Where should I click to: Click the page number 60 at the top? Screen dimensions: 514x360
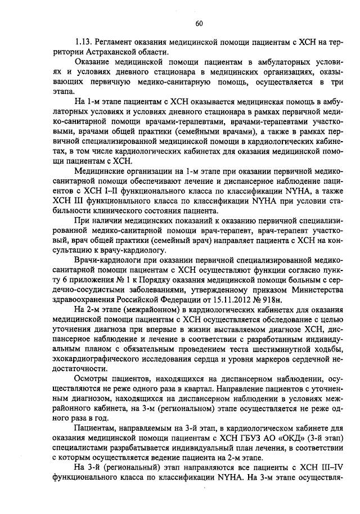point(199,23)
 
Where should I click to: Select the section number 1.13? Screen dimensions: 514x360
point(84,42)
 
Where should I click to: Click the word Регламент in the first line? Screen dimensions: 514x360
point(115,42)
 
